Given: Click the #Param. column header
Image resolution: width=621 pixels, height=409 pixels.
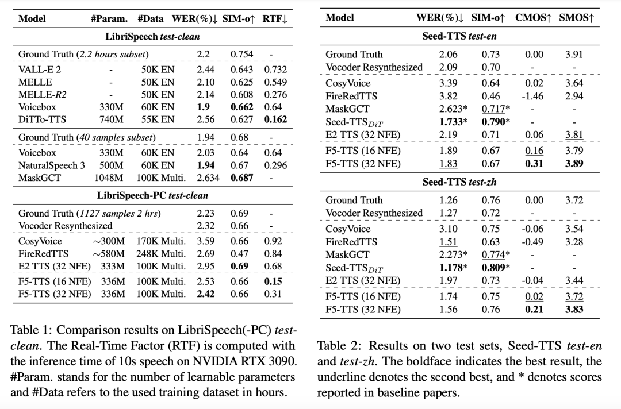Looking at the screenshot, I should [x=109, y=18].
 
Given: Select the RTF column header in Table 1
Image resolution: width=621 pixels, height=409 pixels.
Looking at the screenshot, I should [x=275, y=18].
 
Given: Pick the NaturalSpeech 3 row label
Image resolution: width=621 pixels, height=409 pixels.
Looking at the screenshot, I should [x=52, y=165].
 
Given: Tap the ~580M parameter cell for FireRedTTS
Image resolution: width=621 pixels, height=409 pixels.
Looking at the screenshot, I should [x=109, y=253].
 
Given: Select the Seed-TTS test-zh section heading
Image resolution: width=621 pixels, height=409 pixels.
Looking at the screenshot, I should [x=460, y=182].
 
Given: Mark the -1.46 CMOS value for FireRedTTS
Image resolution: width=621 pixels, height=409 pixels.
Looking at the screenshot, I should [x=532, y=96].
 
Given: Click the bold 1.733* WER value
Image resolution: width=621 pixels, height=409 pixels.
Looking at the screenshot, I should [x=453, y=122].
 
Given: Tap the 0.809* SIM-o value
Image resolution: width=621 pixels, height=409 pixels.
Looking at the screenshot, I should [x=495, y=267].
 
